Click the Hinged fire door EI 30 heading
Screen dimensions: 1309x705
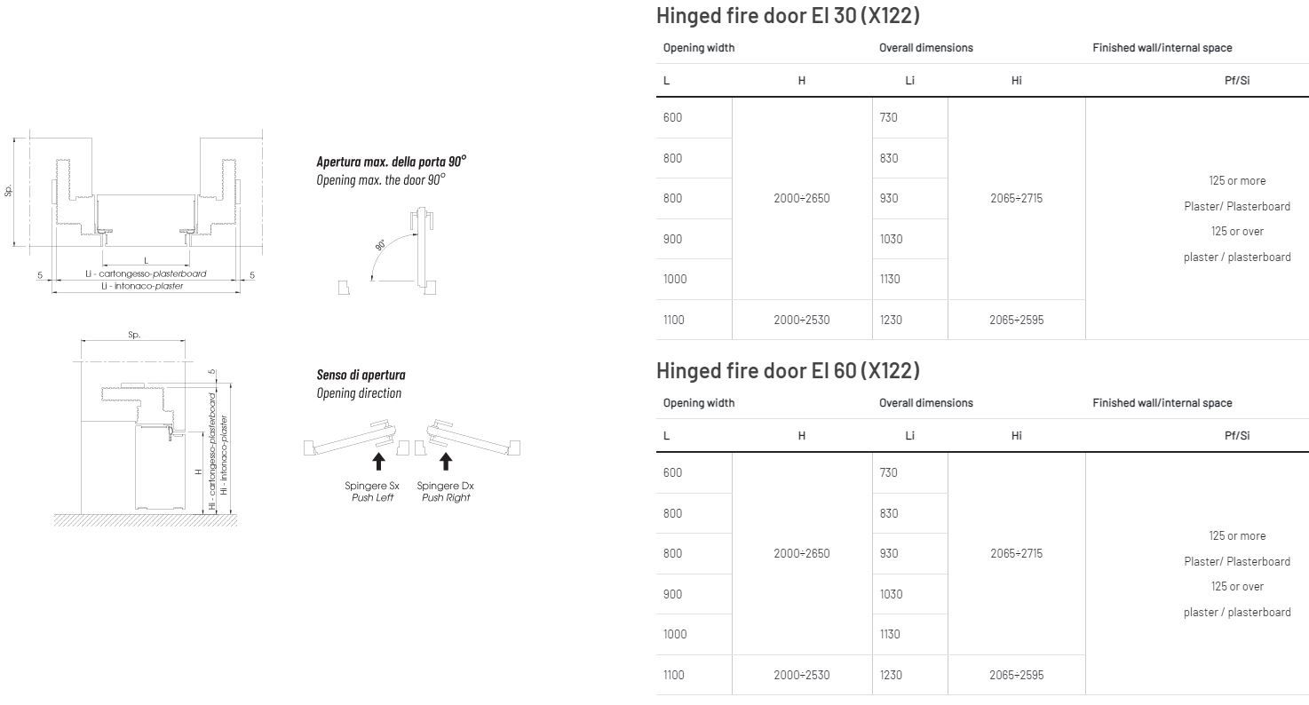788,16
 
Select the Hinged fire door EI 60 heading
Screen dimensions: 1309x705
788,371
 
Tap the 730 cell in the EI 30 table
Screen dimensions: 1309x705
888,117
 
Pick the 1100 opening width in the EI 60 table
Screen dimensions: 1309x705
673,675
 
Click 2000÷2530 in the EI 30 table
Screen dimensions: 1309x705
801,320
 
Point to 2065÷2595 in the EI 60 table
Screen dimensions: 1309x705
1016,675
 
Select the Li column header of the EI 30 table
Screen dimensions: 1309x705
909,81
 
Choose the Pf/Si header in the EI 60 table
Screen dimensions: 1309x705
1237,436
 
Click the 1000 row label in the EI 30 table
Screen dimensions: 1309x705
675,279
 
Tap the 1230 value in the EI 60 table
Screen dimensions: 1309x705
891,675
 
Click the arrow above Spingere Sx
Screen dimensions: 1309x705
378,461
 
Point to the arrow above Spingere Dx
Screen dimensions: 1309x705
446,461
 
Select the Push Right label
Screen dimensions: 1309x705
446,497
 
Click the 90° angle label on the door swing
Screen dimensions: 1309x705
380,245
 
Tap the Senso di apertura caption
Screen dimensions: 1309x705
361,375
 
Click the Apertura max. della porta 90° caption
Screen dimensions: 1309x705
391,162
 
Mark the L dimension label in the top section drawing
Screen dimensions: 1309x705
146,260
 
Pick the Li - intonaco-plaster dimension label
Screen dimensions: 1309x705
142,286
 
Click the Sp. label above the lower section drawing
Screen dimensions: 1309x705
134,335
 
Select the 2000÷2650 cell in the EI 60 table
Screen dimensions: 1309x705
801,553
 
